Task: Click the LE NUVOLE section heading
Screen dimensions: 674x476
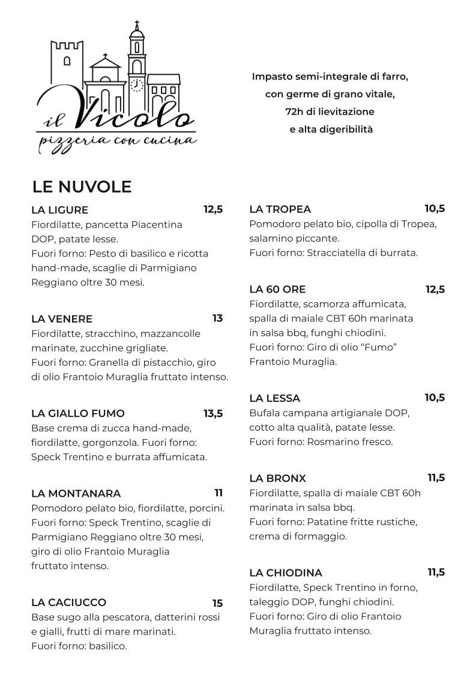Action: pos(82,187)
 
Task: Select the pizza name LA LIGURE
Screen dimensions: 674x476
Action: pos(59,210)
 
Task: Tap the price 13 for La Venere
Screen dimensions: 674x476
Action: pos(217,318)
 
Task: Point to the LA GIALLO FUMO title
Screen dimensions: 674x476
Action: pos(78,413)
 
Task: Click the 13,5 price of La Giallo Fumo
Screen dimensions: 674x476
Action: pos(213,413)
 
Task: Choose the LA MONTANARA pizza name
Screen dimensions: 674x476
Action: pos(76,494)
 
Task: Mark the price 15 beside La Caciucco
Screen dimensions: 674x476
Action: pos(217,603)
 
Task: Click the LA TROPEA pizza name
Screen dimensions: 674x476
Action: pos(280,209)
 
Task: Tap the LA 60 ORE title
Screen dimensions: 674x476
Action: pos(277,290)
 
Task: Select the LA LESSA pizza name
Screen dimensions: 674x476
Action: pos(274,398)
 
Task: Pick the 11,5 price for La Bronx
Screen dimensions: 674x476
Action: pos(436,478)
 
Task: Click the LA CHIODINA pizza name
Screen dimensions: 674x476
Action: pos(286,572)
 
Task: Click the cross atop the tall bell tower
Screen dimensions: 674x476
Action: pos(137,26)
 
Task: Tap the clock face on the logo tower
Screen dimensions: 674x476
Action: pos(137,84)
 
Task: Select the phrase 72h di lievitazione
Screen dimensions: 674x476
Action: pos(330,112)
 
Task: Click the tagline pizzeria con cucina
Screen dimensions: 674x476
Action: pos(117,141)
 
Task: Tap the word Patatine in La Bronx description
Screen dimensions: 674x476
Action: pos(326,521)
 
